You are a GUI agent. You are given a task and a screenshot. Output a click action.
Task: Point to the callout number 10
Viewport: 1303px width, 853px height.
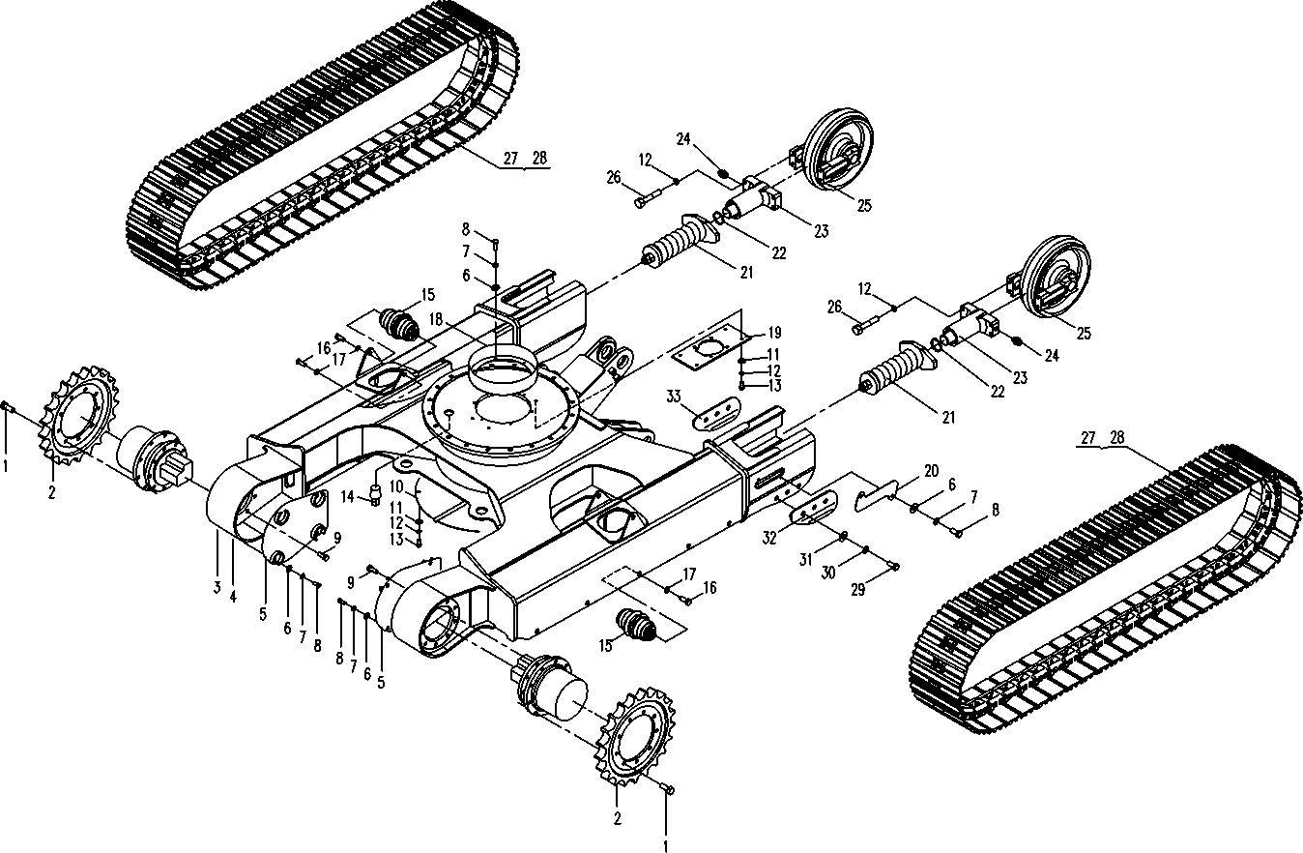pyautogui.click(x=396, y=485)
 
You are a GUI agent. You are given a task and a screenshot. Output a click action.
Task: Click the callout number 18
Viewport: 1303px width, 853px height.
pyautogui.click(x=436, y=318)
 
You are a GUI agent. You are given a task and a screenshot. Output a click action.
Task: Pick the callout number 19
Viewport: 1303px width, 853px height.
pyautogui.click(x=773, y=334)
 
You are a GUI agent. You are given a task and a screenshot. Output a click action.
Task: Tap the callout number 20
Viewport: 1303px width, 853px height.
pyautogui.click(x=931, y=471)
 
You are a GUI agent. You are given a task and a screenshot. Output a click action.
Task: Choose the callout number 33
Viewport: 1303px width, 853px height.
pyautogui.click(x=675, y=397)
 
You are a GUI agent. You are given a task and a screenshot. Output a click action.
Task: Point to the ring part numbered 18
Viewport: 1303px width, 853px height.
pyautogui.click(x=502, y=372)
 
